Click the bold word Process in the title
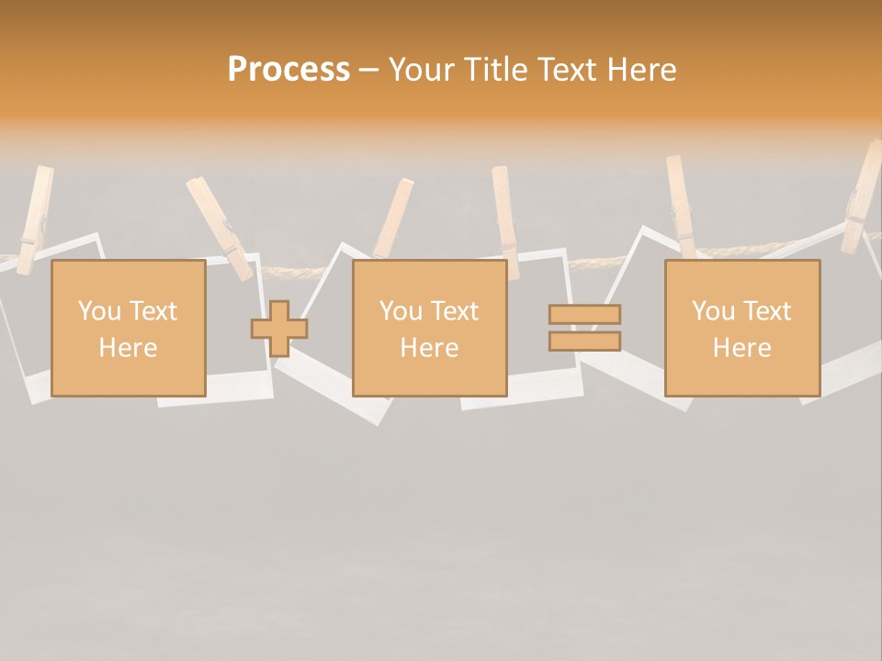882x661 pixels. coord(288,70)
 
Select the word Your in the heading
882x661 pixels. coord(424,70)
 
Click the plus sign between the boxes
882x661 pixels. coord(279,329)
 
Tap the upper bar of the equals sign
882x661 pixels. coord(584,314)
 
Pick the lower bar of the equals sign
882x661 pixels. coord(584,341)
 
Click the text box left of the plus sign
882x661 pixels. coord(129,328)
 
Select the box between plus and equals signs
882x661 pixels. coord(429,328)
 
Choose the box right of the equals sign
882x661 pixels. coord(741,328)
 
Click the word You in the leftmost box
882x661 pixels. coord(98,311)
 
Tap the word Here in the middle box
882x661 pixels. coord(429,348)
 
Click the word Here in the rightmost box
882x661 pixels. coord(741,348)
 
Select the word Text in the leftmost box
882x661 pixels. coord(153,311)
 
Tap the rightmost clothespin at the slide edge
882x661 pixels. coord(862,200)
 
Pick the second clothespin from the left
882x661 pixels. coord(220,229)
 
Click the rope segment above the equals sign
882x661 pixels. coord(588,263)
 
